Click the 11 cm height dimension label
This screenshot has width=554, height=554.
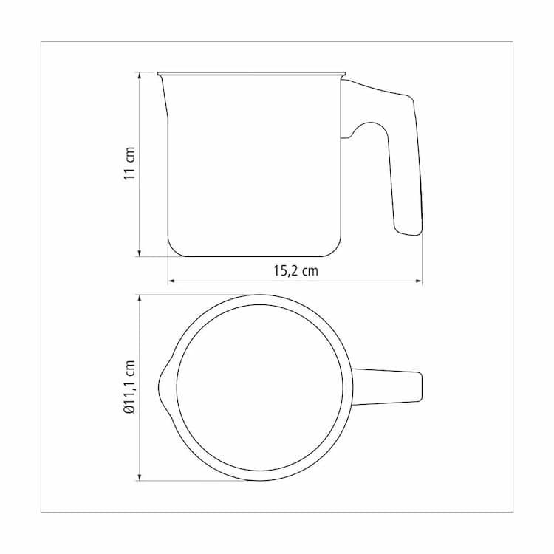[x=130, y=164]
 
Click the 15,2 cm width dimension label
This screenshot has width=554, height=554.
[x=295, y=270]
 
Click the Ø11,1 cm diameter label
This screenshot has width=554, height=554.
[x=130, y=387]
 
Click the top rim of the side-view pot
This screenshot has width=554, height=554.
[x=251, y=73]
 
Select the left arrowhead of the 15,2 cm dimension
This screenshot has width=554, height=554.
[x=171, y=281]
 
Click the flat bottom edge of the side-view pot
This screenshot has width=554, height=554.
[x=255, y=256]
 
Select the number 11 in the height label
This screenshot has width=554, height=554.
[x=130, y=173]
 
